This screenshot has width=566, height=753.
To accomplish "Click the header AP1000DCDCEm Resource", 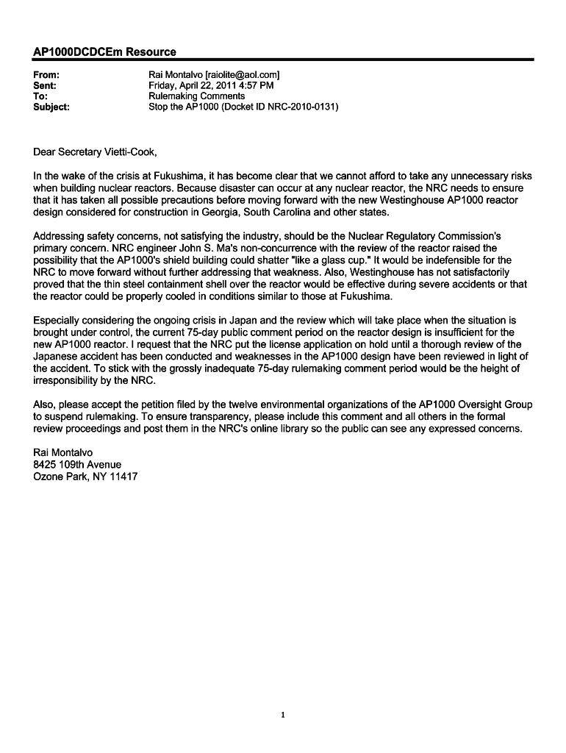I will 104,51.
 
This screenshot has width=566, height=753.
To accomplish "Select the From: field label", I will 47,75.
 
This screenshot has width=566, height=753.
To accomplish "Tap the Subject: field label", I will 52,107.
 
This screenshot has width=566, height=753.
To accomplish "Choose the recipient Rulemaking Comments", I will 197,96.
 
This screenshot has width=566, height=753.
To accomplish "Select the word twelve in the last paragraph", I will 261,404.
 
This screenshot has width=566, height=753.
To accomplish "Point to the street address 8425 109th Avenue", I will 77,464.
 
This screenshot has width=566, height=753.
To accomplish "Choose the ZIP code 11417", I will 123,477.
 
